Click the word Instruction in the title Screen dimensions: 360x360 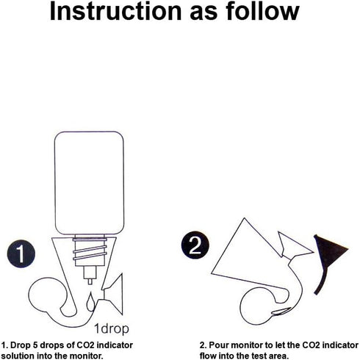[115, 11]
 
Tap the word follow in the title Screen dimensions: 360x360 [262, 11]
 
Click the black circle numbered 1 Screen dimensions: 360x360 [21, 253]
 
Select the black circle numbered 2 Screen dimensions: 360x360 [195, 245]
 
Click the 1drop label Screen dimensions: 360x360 [112, 328]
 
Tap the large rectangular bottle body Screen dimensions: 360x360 [89, 183]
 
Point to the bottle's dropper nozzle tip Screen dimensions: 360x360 [90, 281]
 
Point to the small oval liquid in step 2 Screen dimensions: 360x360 [281, 311]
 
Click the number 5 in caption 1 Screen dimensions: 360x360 [35, 345]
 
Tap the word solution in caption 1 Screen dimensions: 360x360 [18, 356]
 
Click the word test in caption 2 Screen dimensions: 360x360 [260, 356]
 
